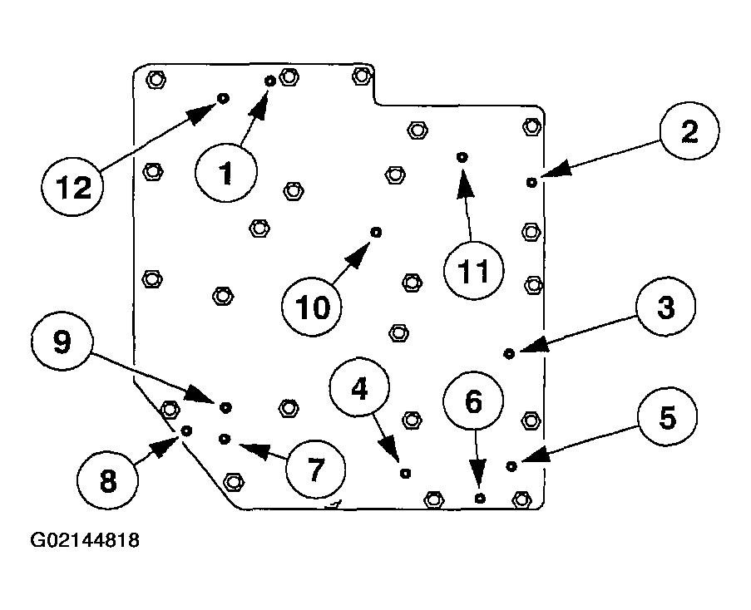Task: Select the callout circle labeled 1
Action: pyautogui.click(x=226, y=174)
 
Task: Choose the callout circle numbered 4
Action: pyautogui.click(x=359, y=390)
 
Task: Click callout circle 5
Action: pyautogui.click(x=667, y=418)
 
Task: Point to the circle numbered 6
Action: pyautogui.click(x=472, y=403)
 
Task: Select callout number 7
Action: pyautogui.click(x=314, y=469)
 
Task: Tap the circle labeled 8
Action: pyautogui.click(x=107, y=480)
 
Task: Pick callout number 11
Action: pyautogui.click(x=473, y=271)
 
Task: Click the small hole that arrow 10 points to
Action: pyautogui.click(x=376, y=232)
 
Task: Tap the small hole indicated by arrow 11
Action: pyautogui.click(x=462, y=156)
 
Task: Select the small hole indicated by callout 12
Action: pyautogui.click(x=223, y=98)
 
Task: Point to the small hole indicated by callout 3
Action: pyautogui.click(x=510, y=354)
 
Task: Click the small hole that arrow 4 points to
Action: pyautogui.click(x=405, y=473)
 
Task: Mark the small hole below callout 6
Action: pyautogui.click(x=480, y=498)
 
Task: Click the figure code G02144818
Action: pyautogui.click(x=85, y=541)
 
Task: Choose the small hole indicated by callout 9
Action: pyautogui.click(x=225, y=406)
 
